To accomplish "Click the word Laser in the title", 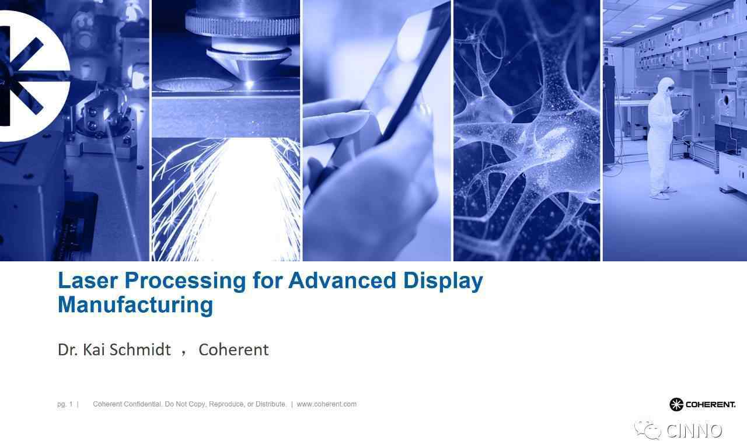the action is pos(88,281).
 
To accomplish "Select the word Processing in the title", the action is pos(186,281).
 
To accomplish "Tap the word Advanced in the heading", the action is pos(342,281).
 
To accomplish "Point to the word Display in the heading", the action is pos(443,282).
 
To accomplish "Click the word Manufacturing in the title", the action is pos(135,306).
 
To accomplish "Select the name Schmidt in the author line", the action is pos(140,349).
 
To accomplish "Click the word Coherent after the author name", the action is pos(233,350).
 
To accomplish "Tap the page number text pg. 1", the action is pos(65,404).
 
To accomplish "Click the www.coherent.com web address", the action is pos(326,404).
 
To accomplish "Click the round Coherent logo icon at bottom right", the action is pos(676,404).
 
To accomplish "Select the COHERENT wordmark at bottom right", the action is pos(711,404).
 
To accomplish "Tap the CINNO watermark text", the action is pos(694,430).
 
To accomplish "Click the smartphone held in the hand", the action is pos(383,87).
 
